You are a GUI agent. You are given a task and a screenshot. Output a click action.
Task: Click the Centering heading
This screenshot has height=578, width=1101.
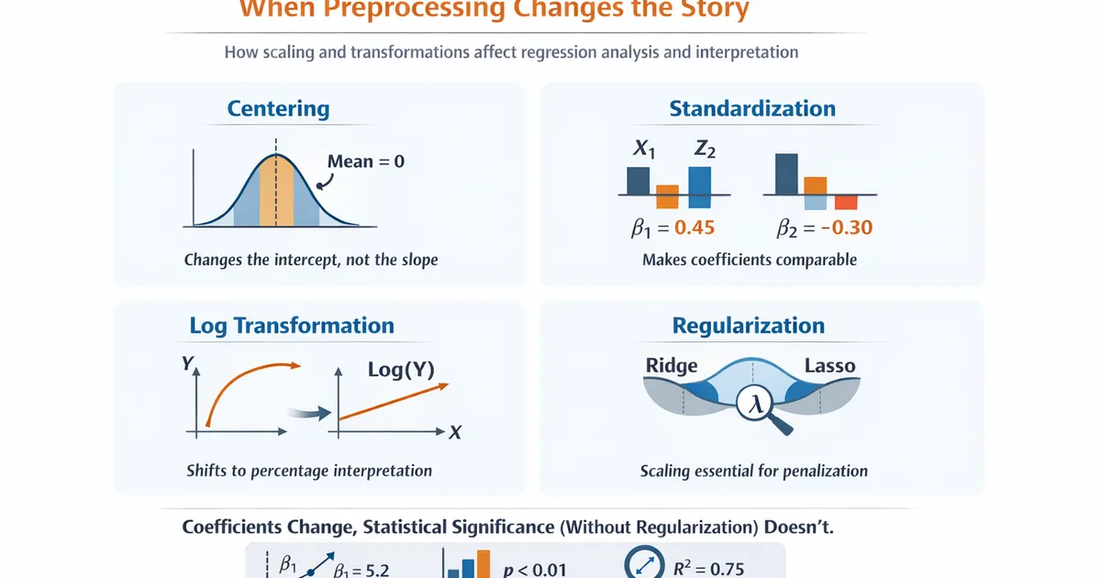[x=278, y=108]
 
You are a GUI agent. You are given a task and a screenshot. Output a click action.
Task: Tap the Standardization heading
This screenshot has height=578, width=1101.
[x=752, y=108]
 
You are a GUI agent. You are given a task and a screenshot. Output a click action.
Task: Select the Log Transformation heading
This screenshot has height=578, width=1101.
[x=292, y=326]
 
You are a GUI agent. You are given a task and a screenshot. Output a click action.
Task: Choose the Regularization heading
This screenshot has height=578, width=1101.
[x=749, y=326]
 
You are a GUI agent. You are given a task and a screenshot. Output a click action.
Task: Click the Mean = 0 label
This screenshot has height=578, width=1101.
[x=366, y=161]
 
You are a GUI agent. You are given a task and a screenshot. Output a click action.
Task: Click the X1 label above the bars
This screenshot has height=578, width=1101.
[x=644, y=150]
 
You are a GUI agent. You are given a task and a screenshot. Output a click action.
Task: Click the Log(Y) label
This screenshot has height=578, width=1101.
[x=401, y=371]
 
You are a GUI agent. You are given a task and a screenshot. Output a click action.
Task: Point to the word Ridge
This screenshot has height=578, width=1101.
[x=672, y=365]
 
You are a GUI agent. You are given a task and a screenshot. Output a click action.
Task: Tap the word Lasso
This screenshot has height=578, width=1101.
[x=829, y=365]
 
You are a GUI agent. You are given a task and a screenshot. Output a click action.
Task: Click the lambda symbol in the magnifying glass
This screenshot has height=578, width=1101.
[x=757, y=404]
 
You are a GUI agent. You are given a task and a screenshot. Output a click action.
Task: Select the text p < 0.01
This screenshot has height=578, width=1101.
[x=535, y=569]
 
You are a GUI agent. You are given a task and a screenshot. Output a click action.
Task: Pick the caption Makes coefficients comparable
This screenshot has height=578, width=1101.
[x=750, y=260]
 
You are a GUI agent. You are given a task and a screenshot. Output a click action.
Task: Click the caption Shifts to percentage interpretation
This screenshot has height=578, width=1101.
[x=309, y=471]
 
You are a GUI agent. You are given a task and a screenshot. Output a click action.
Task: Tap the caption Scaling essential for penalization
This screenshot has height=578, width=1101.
[x=753, y=471]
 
